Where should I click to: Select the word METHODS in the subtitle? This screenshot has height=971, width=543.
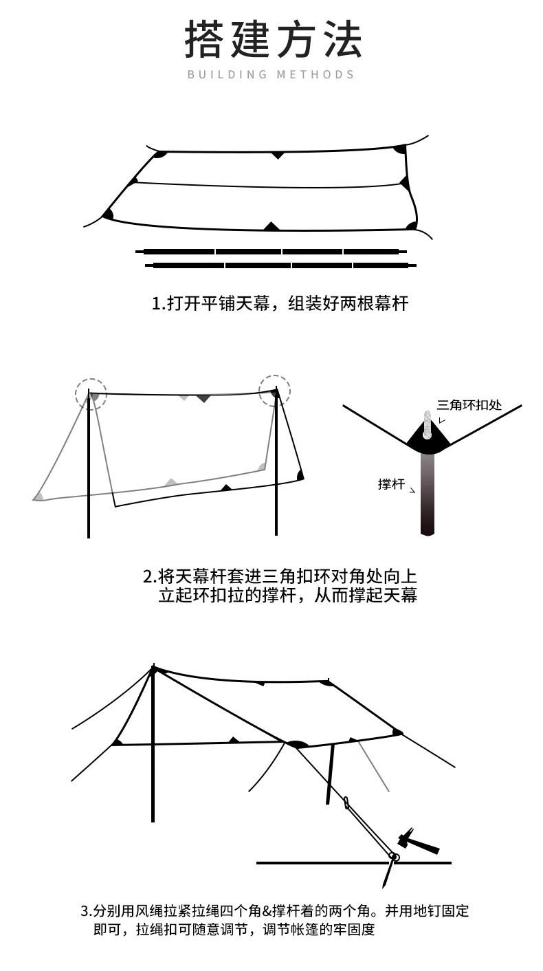315,74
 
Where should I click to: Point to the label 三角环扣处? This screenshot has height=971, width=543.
469,404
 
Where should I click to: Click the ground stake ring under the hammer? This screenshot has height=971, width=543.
394,857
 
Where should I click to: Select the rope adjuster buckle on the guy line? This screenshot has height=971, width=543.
347,803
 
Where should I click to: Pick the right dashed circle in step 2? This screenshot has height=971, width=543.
274,391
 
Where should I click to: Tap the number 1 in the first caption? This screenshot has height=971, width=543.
155,303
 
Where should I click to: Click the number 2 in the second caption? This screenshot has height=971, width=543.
147,576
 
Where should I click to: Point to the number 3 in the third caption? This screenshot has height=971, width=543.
85,912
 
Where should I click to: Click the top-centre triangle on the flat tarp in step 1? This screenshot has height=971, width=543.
277,155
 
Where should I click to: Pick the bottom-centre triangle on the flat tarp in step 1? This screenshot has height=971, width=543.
272,226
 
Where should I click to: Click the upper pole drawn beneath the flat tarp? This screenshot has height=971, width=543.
271,252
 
